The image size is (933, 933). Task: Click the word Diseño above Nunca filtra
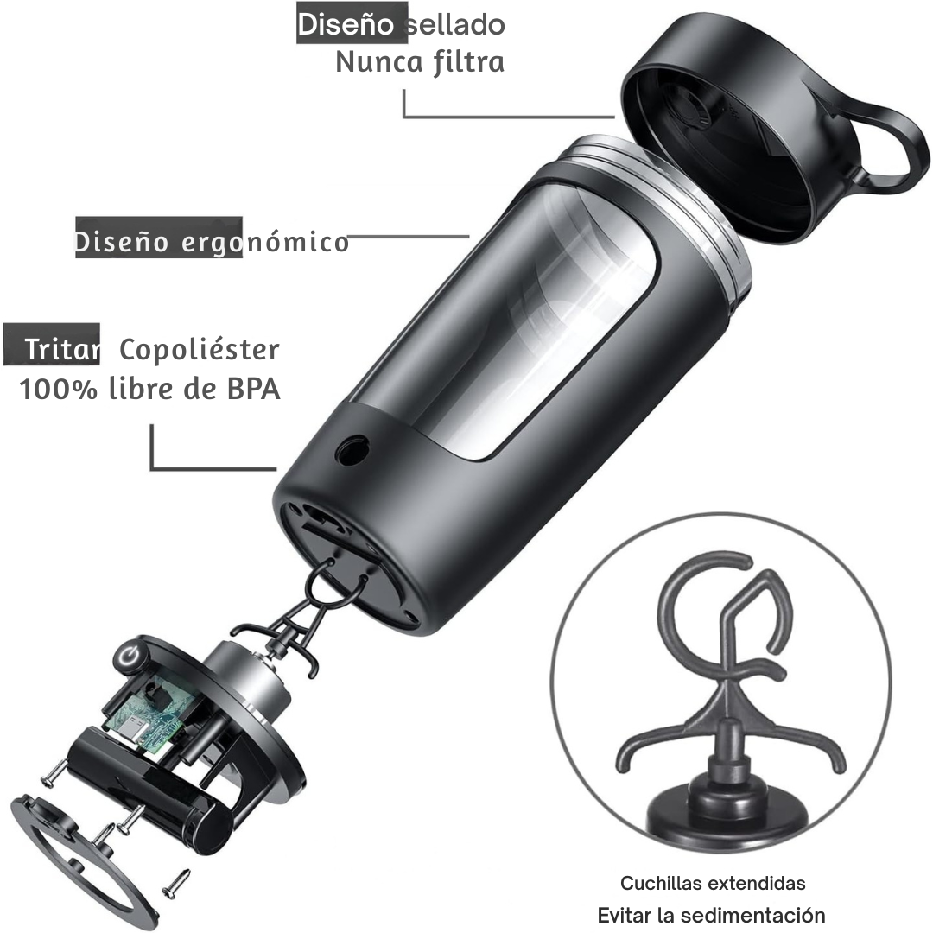click(346, 24)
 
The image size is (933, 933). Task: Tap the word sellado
click(455, 24)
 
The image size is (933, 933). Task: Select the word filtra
click(469, 62)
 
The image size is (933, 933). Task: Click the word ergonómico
click(265, 243)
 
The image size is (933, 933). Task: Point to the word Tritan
click(62, 349)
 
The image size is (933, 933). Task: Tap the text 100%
click(59, 389)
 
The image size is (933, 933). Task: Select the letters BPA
click(253, 389)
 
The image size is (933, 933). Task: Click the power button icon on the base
click(130, 656)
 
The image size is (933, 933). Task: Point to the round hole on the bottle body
click(352, 450)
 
